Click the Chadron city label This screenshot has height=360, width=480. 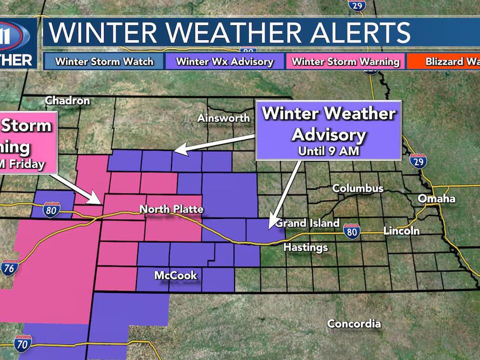tap(67, 100)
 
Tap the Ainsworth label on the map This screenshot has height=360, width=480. tap(223, 118)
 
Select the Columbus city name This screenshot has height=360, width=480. tap(358, 188)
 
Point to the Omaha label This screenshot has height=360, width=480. tap(436, 199)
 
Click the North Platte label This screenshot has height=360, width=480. tap(171, 209)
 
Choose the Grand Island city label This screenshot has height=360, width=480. tap(307, 223)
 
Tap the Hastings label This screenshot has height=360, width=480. tap(305, 247)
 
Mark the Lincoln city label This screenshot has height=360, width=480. tap(401, 231)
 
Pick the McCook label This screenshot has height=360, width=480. tap(175, 275)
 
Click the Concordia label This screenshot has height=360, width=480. tap(354, 324)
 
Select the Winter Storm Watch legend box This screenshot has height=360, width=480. tap(104, 61)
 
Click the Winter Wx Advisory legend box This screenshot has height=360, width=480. tap(224, 61)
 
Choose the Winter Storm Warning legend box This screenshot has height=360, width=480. tap(345, 61)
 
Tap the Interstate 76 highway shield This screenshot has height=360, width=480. tap(9, 267)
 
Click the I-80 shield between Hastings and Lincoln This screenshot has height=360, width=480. tap(352, 232)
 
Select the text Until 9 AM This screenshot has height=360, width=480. tap(328, 150)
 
